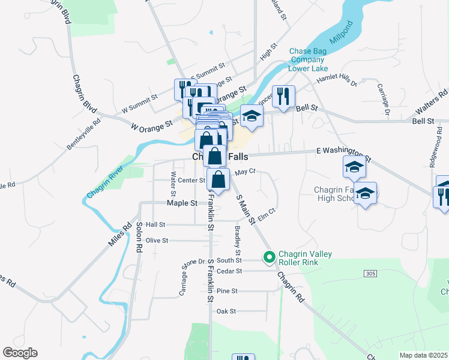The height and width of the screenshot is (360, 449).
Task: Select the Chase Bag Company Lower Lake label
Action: (x=307, y=60)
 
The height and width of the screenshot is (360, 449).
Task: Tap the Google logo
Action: (x=20, y=353)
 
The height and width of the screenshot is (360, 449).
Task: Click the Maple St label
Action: (x=182, y=203)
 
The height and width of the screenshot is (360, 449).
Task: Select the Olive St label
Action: (x=157, y=240)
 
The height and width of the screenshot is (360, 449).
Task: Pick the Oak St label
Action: (x=226, y=311)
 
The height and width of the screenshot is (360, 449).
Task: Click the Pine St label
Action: (x=227, y=291)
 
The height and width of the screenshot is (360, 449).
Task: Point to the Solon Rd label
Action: (x=139, y=236)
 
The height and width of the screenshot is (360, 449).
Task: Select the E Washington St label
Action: (x=343, y=155)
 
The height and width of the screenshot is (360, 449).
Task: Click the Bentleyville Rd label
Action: (x=83, y=134)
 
